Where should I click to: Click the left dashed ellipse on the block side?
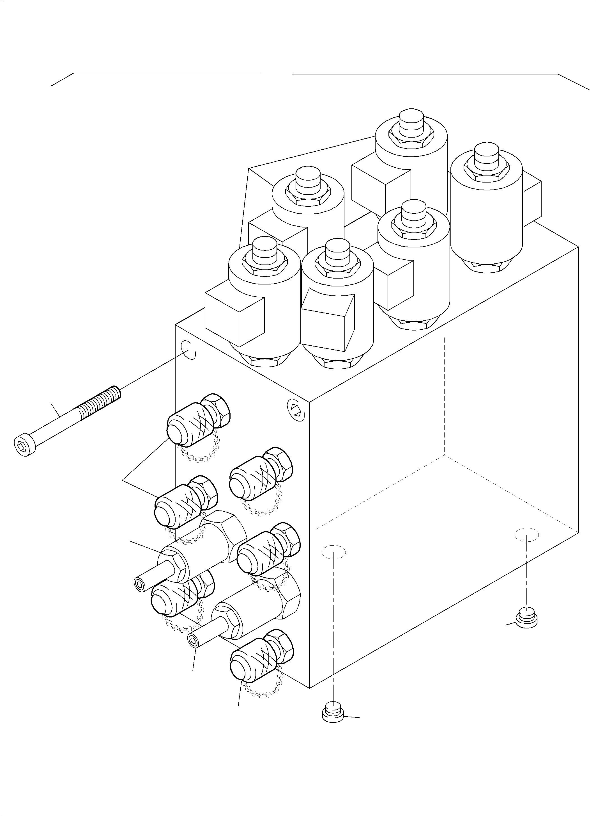coord(334,552)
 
